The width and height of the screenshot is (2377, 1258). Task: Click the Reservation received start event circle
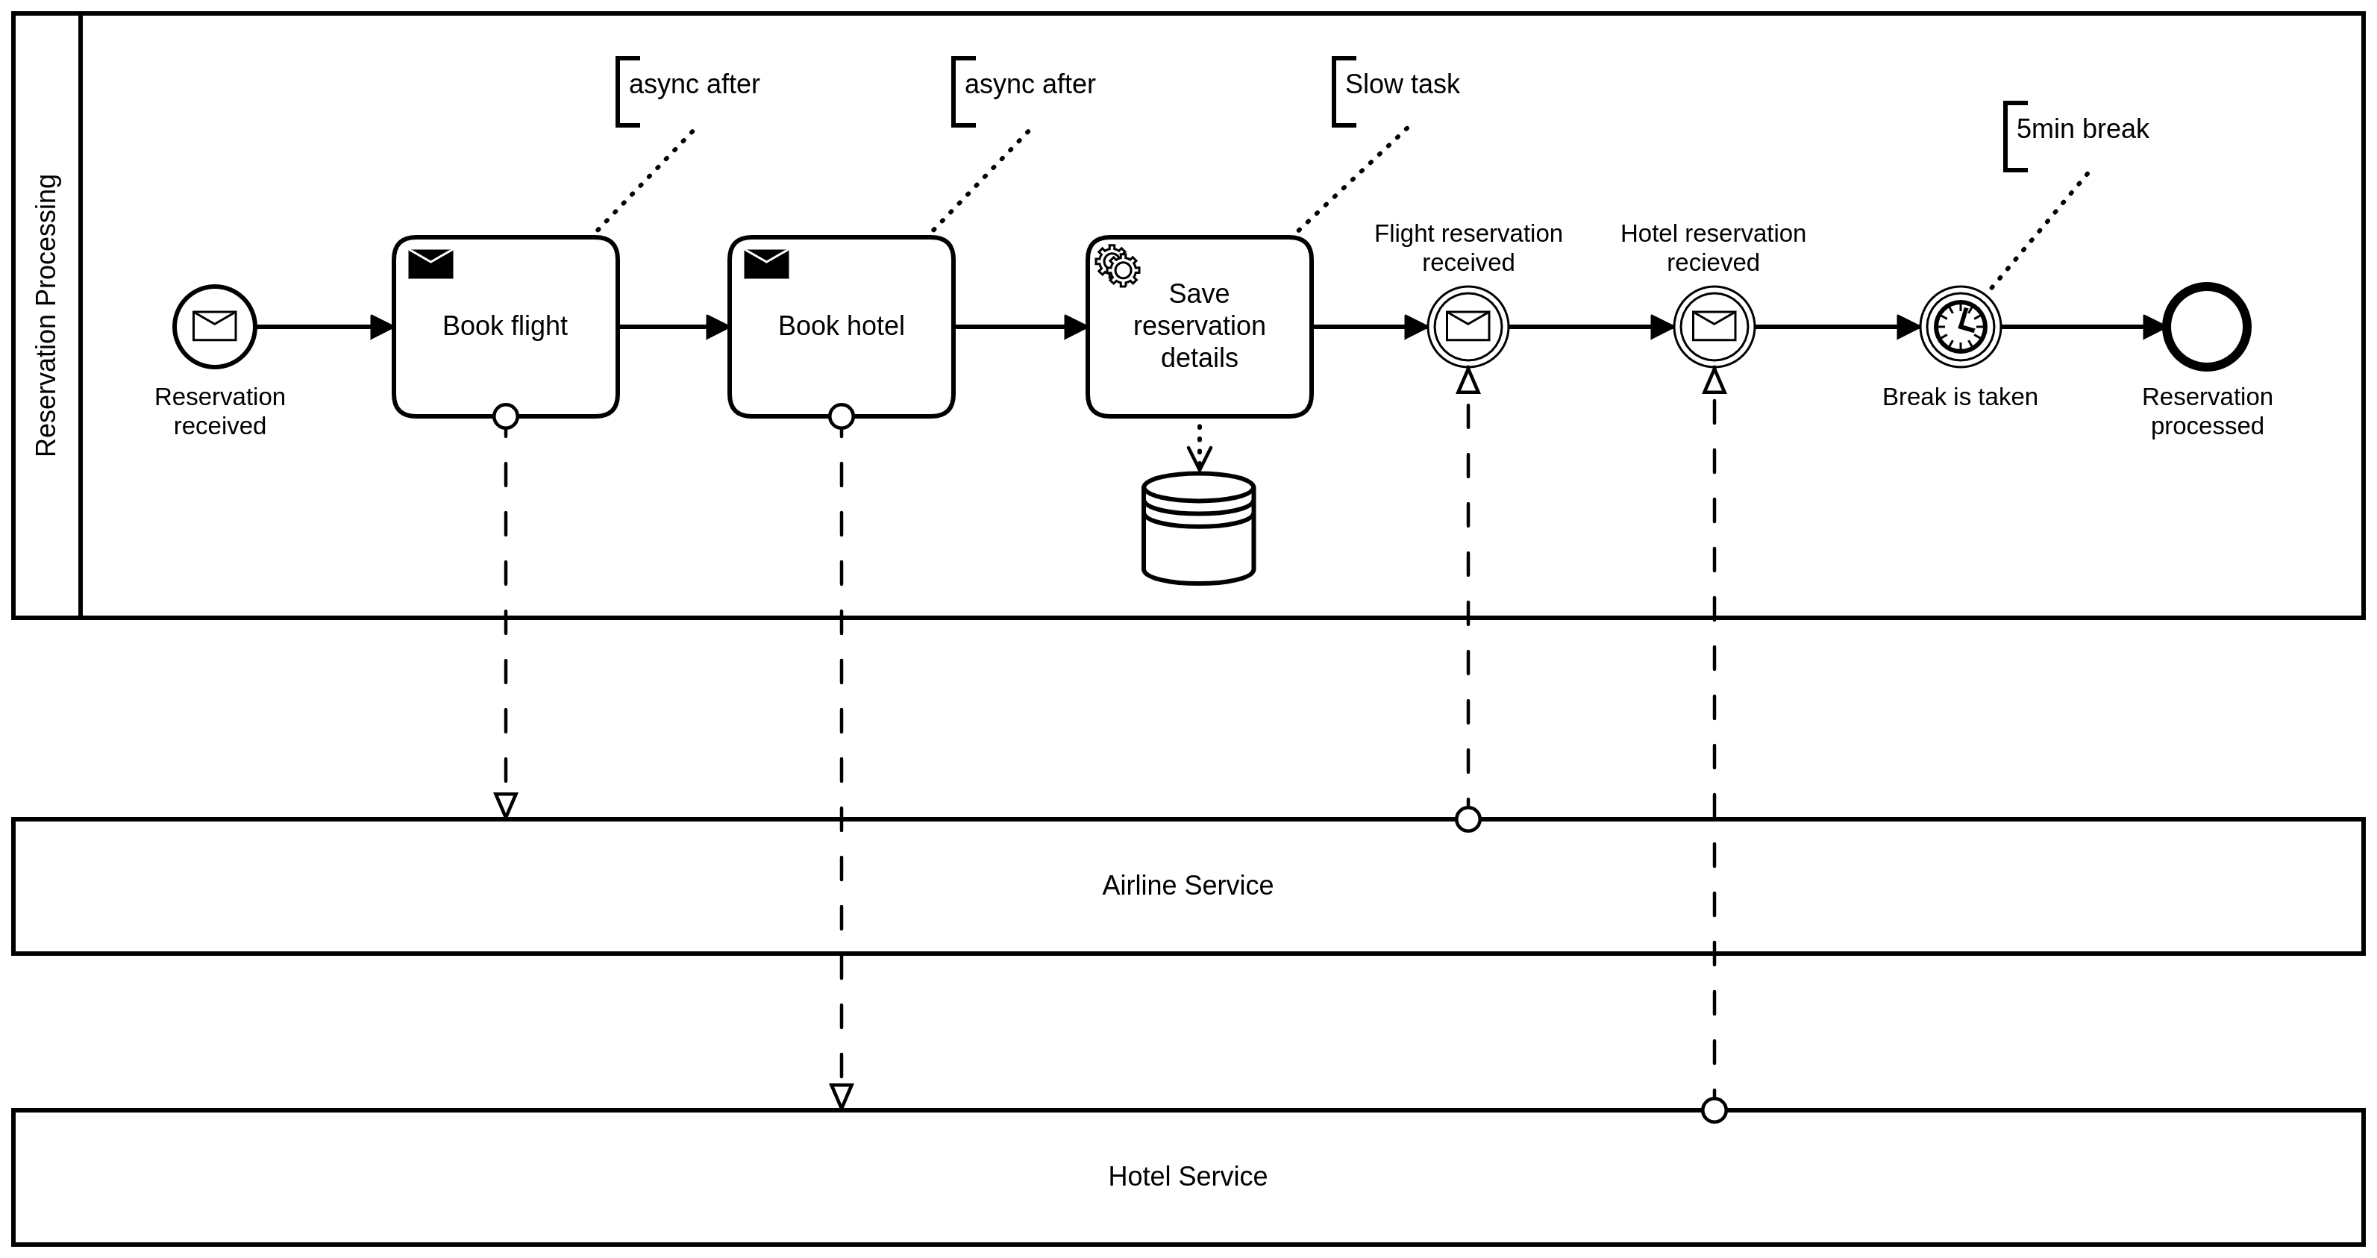click(214, 327)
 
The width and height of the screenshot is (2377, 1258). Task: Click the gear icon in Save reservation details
click(1118, 266)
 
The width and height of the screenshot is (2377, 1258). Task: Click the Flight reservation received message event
click(1468, 327)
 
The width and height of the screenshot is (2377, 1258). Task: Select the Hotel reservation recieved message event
click(1714, 327)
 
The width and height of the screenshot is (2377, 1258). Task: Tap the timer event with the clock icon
click(1960, 327)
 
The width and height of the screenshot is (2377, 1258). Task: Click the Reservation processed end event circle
click(2206, 327)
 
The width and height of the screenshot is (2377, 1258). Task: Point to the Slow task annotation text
click(1402, 84)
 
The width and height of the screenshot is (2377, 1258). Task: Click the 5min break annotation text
click(2082, 129)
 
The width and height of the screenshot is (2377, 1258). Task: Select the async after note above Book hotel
click(1029, 84)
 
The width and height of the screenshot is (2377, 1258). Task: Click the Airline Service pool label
click(1187, 885)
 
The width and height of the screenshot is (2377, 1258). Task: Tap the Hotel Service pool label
click(1187, 1176)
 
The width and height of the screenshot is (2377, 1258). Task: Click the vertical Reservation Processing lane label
click(46, 315)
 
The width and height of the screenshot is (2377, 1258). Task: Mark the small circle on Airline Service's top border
click(1468, 819)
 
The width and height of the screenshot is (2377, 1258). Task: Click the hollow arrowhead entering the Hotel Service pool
click(841, 1095)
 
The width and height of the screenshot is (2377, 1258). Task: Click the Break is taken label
click(1959, 397)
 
